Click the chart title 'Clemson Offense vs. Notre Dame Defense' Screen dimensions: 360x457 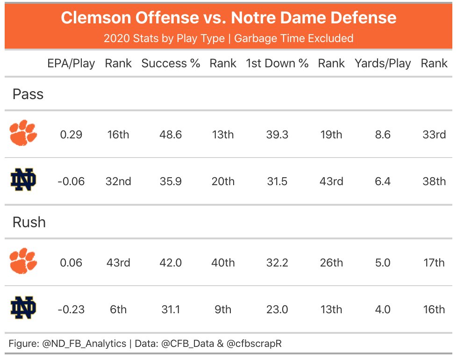(x=228, y=18)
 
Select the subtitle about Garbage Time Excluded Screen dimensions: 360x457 (x=228, y=38)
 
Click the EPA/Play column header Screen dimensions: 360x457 (x=71, y=64)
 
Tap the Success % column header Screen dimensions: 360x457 (x=171, y=64)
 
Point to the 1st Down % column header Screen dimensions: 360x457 (x=277, y=64)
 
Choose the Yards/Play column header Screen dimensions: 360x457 (x=383, y=64)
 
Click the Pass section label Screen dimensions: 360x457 (x=28, y=94)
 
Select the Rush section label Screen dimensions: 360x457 (x=29, y=222)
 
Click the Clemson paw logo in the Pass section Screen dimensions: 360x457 (x=23, y=133)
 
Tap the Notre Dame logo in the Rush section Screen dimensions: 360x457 (x=23, y=308)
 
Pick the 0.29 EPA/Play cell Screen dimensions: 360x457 (x=71, y=135)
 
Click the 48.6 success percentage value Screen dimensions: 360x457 (x=171, y=135)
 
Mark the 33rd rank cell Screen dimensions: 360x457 (x=434, y=135)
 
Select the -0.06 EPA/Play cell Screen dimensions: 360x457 (x=71, y=181)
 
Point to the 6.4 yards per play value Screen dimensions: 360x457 (x=383, y=181)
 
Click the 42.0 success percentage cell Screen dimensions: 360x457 (x=171, y=263)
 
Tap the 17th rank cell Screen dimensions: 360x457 (x=434, y=263)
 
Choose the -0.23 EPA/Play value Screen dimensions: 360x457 (x=71, y=310)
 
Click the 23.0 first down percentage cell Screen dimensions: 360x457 (x=277, y=310)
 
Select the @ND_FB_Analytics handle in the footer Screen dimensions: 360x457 (x=84, y=344)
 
